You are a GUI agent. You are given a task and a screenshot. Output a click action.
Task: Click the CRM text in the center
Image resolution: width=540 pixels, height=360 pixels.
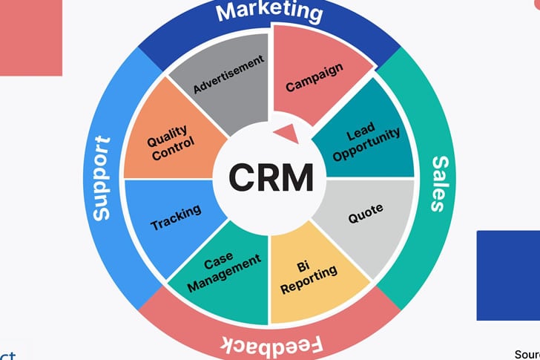click(270, 177)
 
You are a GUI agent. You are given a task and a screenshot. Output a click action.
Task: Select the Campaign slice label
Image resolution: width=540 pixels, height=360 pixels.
click(315, 76)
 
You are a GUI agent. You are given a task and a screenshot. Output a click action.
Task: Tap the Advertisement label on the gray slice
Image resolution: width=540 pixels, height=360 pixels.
click(228, 76)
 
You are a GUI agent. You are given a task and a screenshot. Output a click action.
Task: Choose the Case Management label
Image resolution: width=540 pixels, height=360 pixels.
click(224, 271)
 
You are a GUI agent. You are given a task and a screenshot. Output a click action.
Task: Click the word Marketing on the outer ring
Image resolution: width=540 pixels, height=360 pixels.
click(271, 12)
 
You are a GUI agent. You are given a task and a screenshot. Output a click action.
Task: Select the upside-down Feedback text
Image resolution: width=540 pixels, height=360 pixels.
click(271, 346)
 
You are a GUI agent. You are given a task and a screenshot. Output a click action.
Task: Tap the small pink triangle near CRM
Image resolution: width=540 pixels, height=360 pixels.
click(286, 134)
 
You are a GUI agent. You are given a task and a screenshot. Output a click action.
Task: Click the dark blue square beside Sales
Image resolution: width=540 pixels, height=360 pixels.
click(508, 275)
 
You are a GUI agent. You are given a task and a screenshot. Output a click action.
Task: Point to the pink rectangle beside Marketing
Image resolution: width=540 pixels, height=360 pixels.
click(30, 37)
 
